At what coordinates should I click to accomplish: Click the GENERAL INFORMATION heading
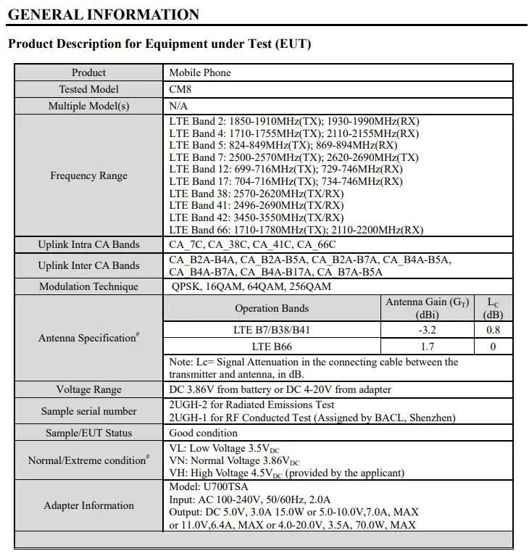click(104, 15)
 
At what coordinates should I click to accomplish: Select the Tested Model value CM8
click(180, 89)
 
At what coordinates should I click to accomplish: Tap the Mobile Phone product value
click(200, 73)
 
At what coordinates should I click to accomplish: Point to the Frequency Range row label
click(88, 175)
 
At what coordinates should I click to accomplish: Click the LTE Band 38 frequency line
click(256, 194)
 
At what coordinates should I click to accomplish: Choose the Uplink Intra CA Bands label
click(88, 244)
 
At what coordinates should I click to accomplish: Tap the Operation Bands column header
click(272, 308)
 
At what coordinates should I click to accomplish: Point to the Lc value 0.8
click(493, 331)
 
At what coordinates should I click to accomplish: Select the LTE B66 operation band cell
click(272, 347)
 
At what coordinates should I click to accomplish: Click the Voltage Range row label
click(88, 389)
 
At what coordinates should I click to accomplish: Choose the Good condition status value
click(203, 433)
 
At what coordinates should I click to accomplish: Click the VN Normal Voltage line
click(234, 460)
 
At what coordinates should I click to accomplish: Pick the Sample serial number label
click(88, 411)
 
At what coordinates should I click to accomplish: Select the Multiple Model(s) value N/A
click(179, 106)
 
